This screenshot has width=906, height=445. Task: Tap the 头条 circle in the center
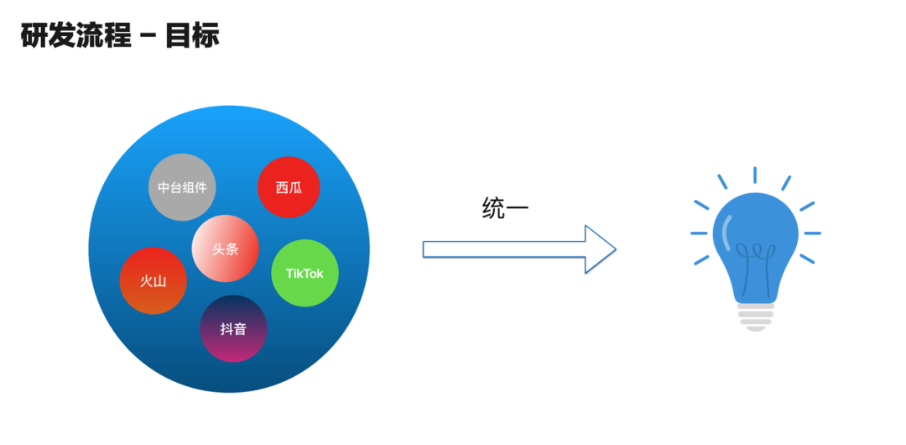tap(225, 249)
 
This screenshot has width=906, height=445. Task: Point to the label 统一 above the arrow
tap(505, 208)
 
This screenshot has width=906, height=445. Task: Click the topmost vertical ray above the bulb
tap(755, 175)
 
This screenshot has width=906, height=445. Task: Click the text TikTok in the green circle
tap(305, 274)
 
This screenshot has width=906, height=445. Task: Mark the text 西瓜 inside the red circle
tap(289, 187)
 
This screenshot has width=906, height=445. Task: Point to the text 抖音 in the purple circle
tap(233, 329)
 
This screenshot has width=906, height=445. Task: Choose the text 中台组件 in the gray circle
tap(182, 187)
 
